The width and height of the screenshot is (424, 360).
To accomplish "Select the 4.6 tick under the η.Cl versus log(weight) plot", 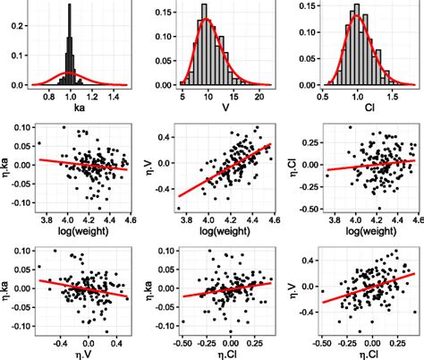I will click(413, 216).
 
